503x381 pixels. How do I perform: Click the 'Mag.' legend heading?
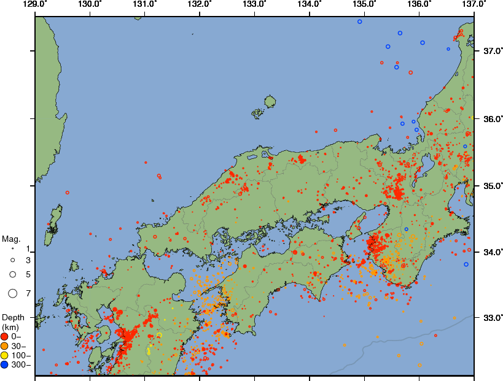[x=10, y=239]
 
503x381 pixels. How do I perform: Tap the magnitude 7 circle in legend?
[x=12, y=294]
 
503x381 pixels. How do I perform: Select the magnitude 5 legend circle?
[x=12, y=274]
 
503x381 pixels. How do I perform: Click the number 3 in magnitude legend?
[x=28, y=260]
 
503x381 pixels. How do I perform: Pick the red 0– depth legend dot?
[x=5, y=336]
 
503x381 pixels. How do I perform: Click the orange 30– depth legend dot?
[x=5, y=345]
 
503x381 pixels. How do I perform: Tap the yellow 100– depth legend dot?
[x=5, y=355]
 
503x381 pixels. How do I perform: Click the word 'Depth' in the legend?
[x=13, y=317]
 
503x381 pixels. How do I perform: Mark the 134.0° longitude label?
[x=309, y=4]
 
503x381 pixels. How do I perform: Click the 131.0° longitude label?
[x=144, y=4]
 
